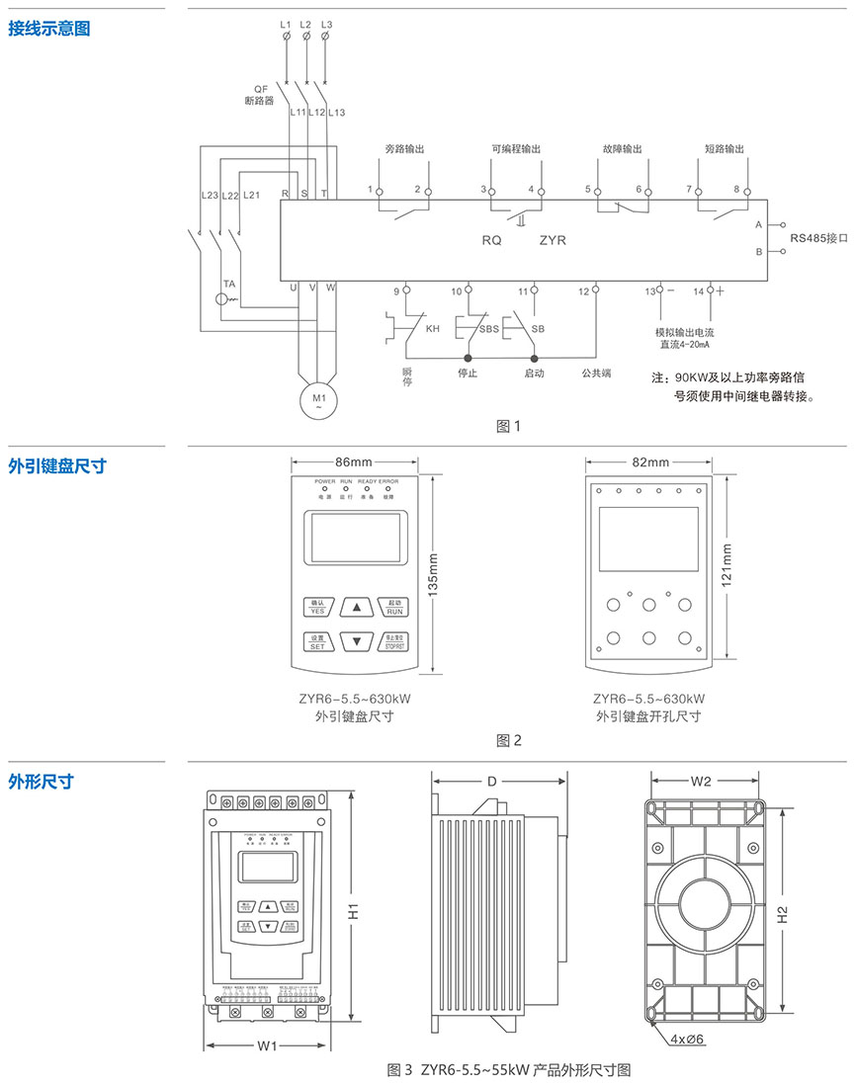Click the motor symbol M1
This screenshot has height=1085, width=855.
[x=318, y=401]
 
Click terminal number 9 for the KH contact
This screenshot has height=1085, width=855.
[x=397, y=291]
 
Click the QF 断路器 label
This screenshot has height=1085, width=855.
[x=260, y=94]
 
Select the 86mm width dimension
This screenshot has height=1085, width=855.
[x=353, y=461]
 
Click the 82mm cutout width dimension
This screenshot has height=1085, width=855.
[x=649, y=461]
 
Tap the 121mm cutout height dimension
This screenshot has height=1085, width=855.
[x=728, y=566]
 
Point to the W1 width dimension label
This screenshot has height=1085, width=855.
[x=266, y=1045]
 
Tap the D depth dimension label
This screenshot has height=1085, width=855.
[x=492, y=782]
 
